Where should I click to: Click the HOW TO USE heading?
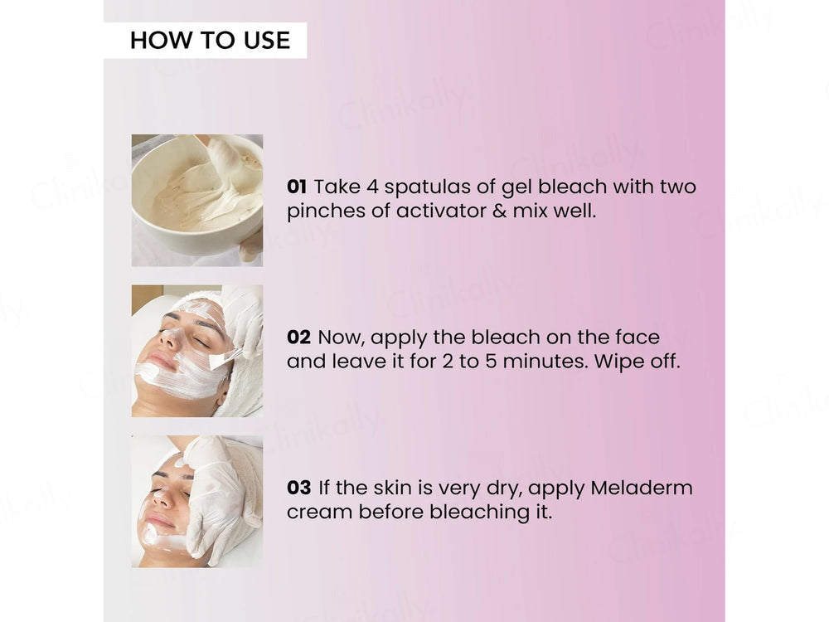pyautogui.click(x=210, y=40)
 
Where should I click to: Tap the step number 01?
pyautogui.click(x=297, y=187)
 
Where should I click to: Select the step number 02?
pyautogui.click(x=298, y=338)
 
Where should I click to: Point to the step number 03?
pyautogui.click(x=298, y=488)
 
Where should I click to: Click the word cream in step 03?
pyautogui.click(x=320, y=513)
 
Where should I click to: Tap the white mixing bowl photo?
pyautogui.click(x=196, y=200)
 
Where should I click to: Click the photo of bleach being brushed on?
pyautogui.click(x=196, y=351)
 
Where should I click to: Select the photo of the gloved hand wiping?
pyautogui.click(x=196, y=501)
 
